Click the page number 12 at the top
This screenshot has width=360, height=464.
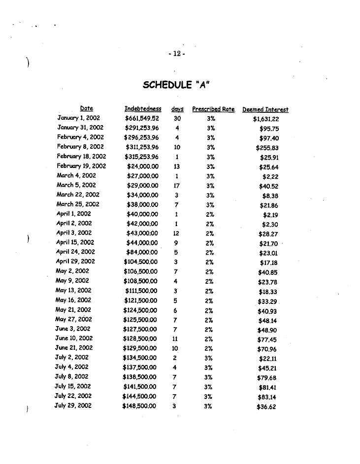click(176, 54)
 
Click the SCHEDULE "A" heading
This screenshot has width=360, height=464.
click(176, 85)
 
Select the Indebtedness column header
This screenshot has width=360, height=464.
click(143, 109)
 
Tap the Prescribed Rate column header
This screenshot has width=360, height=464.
click(213, 109)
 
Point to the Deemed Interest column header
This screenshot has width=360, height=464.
click(265, 109)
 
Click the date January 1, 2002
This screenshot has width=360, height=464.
click(79, 118)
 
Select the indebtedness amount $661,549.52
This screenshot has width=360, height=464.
click(142, 118)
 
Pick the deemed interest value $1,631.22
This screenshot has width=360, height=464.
click(266, 119)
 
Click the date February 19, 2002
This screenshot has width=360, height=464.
click(81, 166)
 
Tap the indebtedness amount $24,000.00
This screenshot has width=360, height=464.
click(143, 166)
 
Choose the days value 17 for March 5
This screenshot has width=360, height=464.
click(176, 185)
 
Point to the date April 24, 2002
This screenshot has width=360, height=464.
click(76, 252)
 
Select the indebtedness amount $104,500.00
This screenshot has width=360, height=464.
click(141, 262)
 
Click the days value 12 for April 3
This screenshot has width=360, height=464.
click(176, 233)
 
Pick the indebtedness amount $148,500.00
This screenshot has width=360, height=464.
click(139, 406)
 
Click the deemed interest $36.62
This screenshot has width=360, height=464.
click(267, 407)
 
